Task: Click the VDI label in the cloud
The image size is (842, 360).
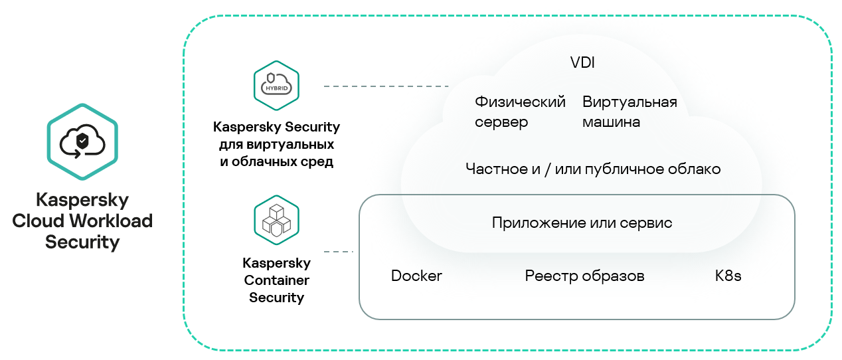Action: click(582, 63)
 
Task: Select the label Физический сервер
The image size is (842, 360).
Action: click(520, 112)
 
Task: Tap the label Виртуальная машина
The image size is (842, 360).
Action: click(630, 112)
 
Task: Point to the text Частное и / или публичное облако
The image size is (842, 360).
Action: click(593, 169)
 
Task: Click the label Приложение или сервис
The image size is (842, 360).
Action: click(582, 223)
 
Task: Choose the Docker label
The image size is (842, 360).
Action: click(416, 276)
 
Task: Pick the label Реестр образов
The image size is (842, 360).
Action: click(584, 276)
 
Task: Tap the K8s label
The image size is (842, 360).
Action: click(728, 276)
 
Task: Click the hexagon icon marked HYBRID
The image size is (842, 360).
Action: click(276, 86)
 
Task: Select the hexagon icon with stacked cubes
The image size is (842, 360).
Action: click(276, 220)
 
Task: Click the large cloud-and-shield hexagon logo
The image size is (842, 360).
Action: click(82, 141)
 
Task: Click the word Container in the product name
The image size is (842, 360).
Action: click(276, 281)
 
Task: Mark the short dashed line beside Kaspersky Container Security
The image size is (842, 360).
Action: click(338, 252)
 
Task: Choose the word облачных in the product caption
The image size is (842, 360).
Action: click(262, 161)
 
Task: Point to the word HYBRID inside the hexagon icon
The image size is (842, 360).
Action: click(276, 88)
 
